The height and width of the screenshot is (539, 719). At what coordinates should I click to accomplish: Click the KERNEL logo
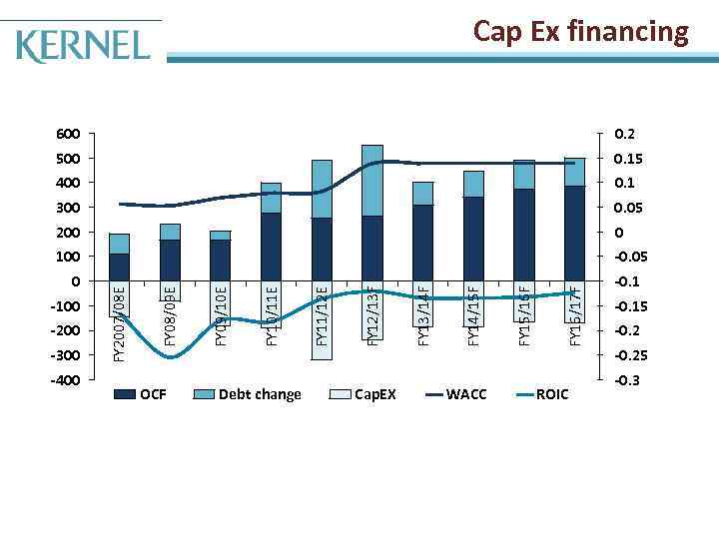84,44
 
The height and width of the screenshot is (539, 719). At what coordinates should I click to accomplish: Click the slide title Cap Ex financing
580,32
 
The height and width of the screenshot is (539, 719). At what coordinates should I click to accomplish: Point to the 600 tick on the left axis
68,134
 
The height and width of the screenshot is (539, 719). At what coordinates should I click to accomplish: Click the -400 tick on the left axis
66,380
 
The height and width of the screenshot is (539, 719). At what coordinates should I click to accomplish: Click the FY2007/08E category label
120,323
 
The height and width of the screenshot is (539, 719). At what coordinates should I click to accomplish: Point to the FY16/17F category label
575,315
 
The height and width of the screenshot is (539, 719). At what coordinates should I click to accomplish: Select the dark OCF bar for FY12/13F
371,248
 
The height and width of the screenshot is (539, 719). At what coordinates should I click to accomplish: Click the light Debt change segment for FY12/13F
371,180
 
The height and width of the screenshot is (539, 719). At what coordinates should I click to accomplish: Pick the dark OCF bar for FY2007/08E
120,267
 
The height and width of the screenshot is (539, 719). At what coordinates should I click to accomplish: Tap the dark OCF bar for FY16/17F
574,233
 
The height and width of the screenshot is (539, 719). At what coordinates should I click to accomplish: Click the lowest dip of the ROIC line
171,356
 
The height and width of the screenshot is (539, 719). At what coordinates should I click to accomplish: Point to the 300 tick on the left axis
68,208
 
